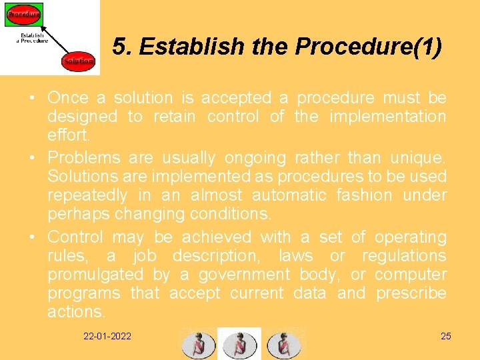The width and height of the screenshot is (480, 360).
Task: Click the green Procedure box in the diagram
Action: click(x=23, y=14)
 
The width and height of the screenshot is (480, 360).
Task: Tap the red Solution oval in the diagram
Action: click(x=79, y=61)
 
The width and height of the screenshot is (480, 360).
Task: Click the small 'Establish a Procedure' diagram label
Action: click(x=32, y=37)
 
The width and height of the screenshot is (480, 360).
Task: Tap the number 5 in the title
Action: click(x=119, y=47)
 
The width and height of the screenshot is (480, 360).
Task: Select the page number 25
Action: click(x=446, y=336)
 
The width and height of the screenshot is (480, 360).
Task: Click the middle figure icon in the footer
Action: click(x=240, y=344)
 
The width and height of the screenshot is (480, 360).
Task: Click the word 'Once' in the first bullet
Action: click(x=68, y=98)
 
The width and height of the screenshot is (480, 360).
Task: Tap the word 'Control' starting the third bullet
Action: click(x=75, y=237)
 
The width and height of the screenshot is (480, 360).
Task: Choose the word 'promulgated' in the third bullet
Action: click(x=95, y=275)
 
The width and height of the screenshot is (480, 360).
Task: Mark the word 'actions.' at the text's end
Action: click(x=76, y=312)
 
